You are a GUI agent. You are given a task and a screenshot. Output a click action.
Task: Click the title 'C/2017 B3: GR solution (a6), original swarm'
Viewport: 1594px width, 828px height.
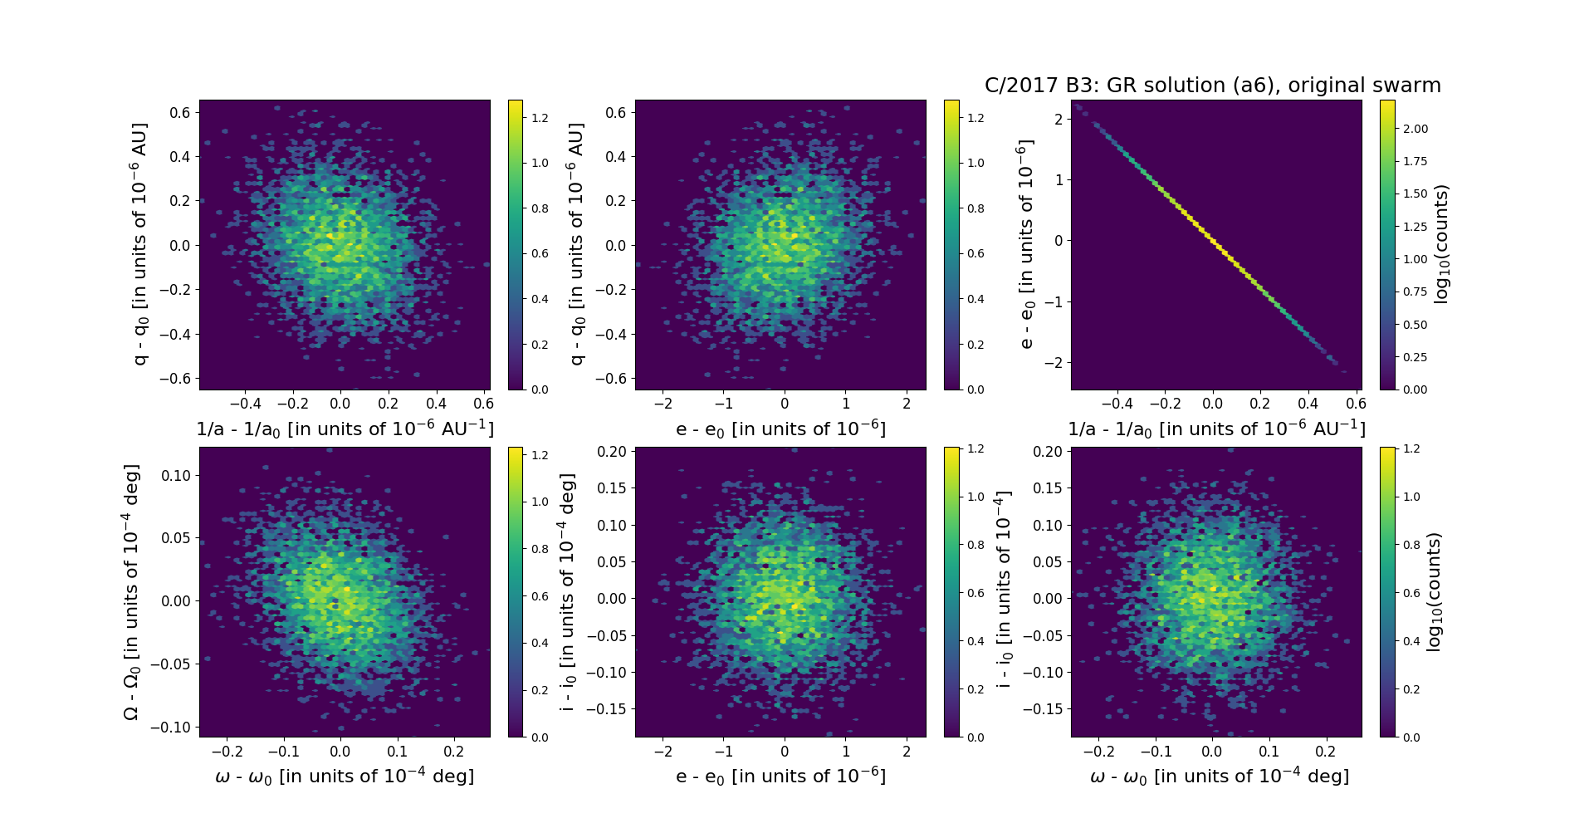point(1212,86)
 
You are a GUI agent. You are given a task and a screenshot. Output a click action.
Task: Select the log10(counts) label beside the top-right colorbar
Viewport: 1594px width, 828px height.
point(1441,244)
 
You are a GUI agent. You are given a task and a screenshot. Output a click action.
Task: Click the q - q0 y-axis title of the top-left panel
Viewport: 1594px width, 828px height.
point(140,244)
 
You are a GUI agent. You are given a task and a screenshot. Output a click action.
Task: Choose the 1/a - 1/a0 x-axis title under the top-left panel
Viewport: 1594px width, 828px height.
point(345,429)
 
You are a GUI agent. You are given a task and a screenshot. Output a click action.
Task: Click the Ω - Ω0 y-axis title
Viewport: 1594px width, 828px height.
point(131,591)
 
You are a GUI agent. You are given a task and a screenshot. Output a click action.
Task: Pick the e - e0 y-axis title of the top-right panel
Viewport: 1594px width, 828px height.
point(1027,244)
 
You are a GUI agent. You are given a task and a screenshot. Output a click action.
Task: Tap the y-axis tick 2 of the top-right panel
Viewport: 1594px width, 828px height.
point(1059,119)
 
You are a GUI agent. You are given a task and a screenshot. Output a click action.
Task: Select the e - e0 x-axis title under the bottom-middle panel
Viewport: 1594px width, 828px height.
point(780,777)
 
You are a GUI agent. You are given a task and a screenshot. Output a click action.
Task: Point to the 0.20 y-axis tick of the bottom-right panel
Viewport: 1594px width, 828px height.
point(1047,452)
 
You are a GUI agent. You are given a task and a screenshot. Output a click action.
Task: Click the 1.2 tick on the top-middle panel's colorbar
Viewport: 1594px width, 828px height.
point(976,118)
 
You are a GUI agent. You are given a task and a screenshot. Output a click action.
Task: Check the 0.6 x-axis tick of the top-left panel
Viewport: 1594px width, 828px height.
point(483,404)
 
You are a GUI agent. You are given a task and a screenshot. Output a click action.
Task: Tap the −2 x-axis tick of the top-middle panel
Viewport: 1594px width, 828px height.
point(663,404)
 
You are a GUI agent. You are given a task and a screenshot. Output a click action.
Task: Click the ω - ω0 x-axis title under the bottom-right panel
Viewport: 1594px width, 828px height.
point(1219,777)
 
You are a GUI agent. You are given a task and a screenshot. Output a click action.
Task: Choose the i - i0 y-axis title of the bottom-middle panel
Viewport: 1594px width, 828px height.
point(568,591)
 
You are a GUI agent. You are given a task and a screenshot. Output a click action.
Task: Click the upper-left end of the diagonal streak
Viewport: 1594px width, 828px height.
point(1077,106)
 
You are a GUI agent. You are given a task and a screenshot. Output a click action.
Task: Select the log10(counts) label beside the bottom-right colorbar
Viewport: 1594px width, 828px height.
point(1434,591)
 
